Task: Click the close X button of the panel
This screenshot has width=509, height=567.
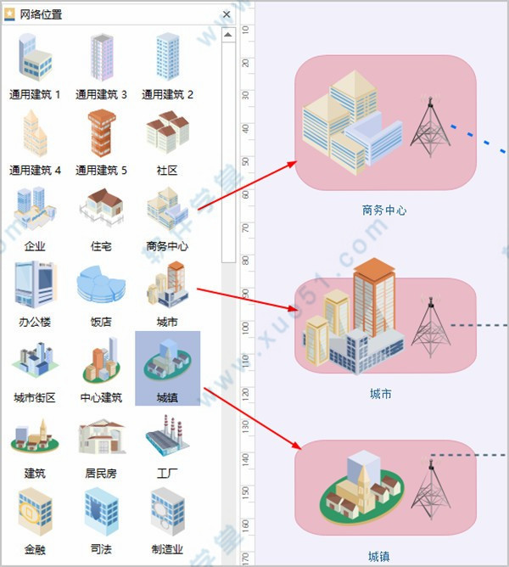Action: (227, 14)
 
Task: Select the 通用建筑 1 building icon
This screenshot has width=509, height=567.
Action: (35, 57)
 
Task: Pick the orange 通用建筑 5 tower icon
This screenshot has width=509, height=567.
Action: (102, 133)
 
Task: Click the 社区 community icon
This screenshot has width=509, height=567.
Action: (168, 132)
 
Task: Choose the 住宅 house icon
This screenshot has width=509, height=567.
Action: (102, 208)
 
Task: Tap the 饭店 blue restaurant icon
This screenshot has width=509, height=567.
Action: (101, 283)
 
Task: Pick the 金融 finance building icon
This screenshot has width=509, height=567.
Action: (35, 512)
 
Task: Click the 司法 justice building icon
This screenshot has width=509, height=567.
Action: (102, 512)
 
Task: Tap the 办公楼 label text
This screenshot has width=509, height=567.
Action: (35, 322)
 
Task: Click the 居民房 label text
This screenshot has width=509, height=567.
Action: (101, 473)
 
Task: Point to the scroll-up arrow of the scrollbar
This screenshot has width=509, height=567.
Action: (228, 35)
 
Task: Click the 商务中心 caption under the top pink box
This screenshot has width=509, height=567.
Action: (384, 211)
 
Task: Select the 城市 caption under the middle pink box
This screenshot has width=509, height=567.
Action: (381, 394)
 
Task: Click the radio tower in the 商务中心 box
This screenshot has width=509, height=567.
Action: (430, 126)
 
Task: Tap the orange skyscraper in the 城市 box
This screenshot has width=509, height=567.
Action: (374, 296)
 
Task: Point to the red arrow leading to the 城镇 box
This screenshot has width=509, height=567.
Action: (252, 418)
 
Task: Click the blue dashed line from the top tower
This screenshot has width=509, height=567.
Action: (478, 139)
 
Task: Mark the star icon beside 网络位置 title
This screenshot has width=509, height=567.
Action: (9, 14)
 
